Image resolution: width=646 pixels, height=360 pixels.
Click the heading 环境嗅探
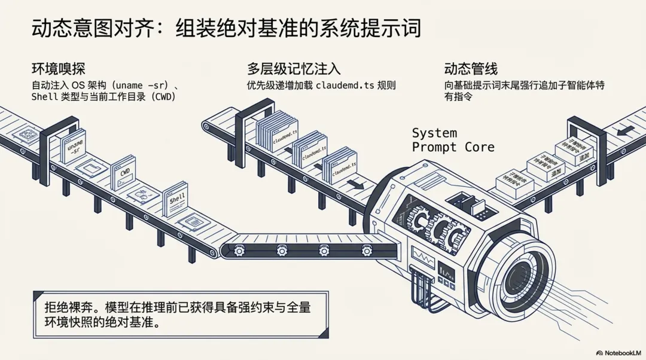(x=63, y=69)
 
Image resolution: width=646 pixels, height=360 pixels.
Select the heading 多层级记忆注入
(x=294, y=69)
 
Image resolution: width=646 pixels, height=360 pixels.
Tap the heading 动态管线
(x=471, y=69)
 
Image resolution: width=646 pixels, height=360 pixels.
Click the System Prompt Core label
(x=453, y=140)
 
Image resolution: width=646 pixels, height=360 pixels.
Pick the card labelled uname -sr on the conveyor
(x=74, y=147)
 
